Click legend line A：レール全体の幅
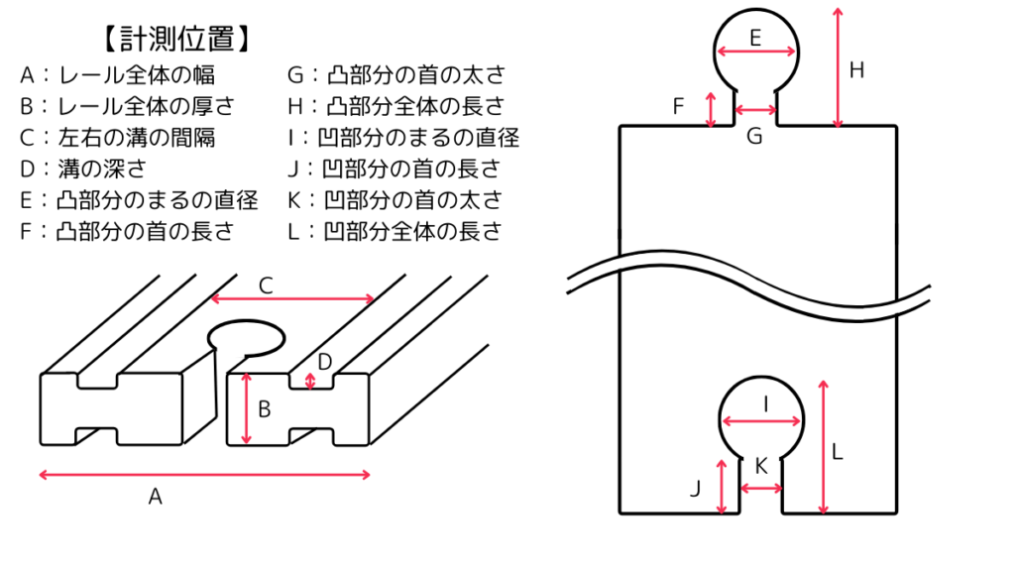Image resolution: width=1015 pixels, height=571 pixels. (117, 74)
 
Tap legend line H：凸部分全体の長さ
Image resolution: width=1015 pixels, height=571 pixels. (395, 106)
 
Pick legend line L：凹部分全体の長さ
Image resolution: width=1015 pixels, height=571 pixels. (395, 232)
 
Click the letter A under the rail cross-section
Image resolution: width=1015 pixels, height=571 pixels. (155, 498)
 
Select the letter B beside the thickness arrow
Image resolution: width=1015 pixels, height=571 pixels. (265, 408)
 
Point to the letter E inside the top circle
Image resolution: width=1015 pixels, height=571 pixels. (755, 39)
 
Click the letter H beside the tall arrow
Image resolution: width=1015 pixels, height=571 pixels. (857, 70)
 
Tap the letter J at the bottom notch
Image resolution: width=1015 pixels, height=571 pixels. (694, 488)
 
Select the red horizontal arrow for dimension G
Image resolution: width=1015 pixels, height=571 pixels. (755, 109)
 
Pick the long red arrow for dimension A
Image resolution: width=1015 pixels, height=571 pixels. (205, 475)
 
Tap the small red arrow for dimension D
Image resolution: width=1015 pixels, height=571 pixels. (311, 381)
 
